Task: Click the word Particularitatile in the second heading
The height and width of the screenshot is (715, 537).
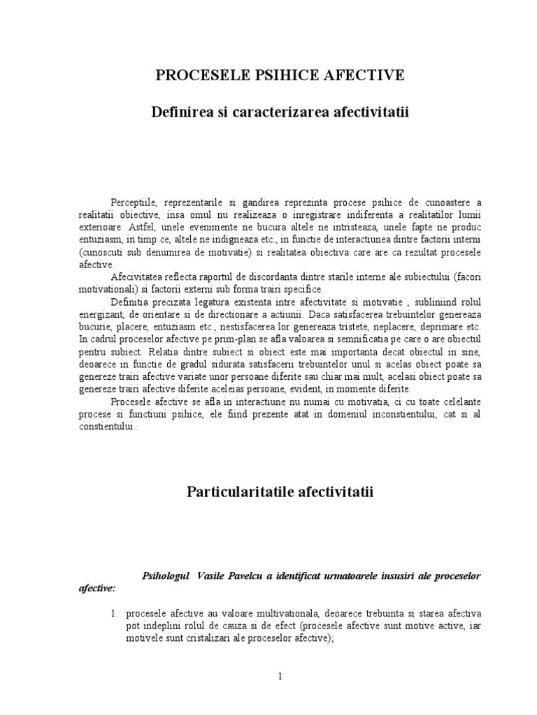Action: (x=240, y=492)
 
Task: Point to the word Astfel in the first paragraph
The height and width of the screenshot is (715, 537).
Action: (x=138, y=228)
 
